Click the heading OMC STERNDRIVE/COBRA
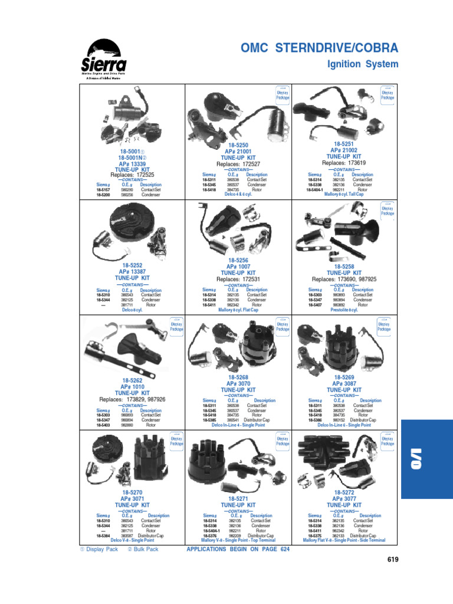tap(320, 48)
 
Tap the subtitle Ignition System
tap(363, 64)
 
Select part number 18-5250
tap(238, 145)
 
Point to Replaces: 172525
tap(132, 175)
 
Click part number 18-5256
tap(238, 260)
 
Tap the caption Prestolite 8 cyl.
tap(344, 310)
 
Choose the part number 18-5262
tap(132, 380)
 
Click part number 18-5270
tap(132, 492)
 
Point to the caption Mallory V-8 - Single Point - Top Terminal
tap(238, 540)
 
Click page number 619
tap(394, 559)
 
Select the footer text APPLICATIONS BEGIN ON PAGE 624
tap(238, 549)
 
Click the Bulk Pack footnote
tap(143, 549)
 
